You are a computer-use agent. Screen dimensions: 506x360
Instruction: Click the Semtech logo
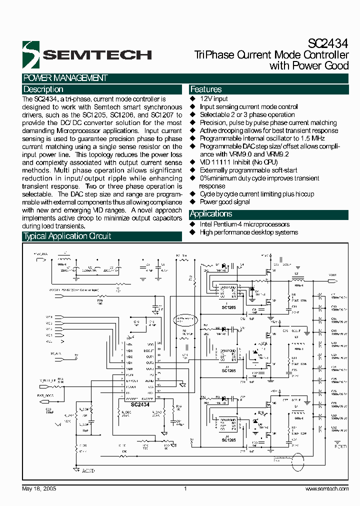87,54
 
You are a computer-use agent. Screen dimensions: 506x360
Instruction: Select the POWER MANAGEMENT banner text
65,78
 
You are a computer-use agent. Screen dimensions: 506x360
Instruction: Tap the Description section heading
43,89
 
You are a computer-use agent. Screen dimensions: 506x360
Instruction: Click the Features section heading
206,89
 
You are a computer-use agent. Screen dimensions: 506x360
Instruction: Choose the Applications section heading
211,214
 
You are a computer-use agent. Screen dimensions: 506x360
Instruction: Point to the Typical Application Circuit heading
67,236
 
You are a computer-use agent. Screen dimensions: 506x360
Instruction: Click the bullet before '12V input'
192,99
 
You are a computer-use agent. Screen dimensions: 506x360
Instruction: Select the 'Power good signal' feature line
224,202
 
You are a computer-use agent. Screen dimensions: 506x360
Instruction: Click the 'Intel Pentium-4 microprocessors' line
244,224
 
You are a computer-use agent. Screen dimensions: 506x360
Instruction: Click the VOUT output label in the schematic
332,274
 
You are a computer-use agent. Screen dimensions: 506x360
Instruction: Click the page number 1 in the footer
185,488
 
